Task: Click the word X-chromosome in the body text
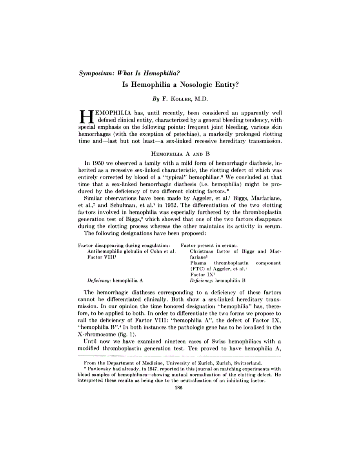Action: pyautogui.click(x=98, y=334)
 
